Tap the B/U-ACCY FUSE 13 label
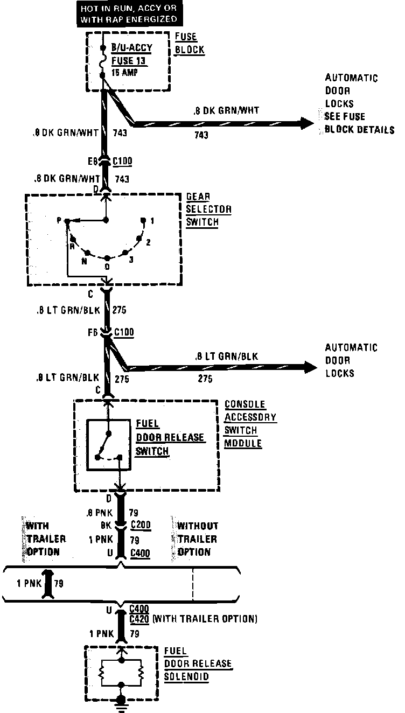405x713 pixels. [131, 54]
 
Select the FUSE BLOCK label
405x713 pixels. [190, 44]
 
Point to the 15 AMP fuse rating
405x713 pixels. [124, 72]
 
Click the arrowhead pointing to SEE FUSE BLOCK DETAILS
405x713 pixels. [308, 123]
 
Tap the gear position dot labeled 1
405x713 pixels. [144, 220]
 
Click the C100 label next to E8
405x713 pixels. [123, 161]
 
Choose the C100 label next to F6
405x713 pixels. [124, 332]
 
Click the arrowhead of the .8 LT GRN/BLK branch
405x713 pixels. [311, 368]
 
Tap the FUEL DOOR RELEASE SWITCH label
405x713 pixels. [163, 437]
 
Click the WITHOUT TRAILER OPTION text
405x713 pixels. [197, 539]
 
